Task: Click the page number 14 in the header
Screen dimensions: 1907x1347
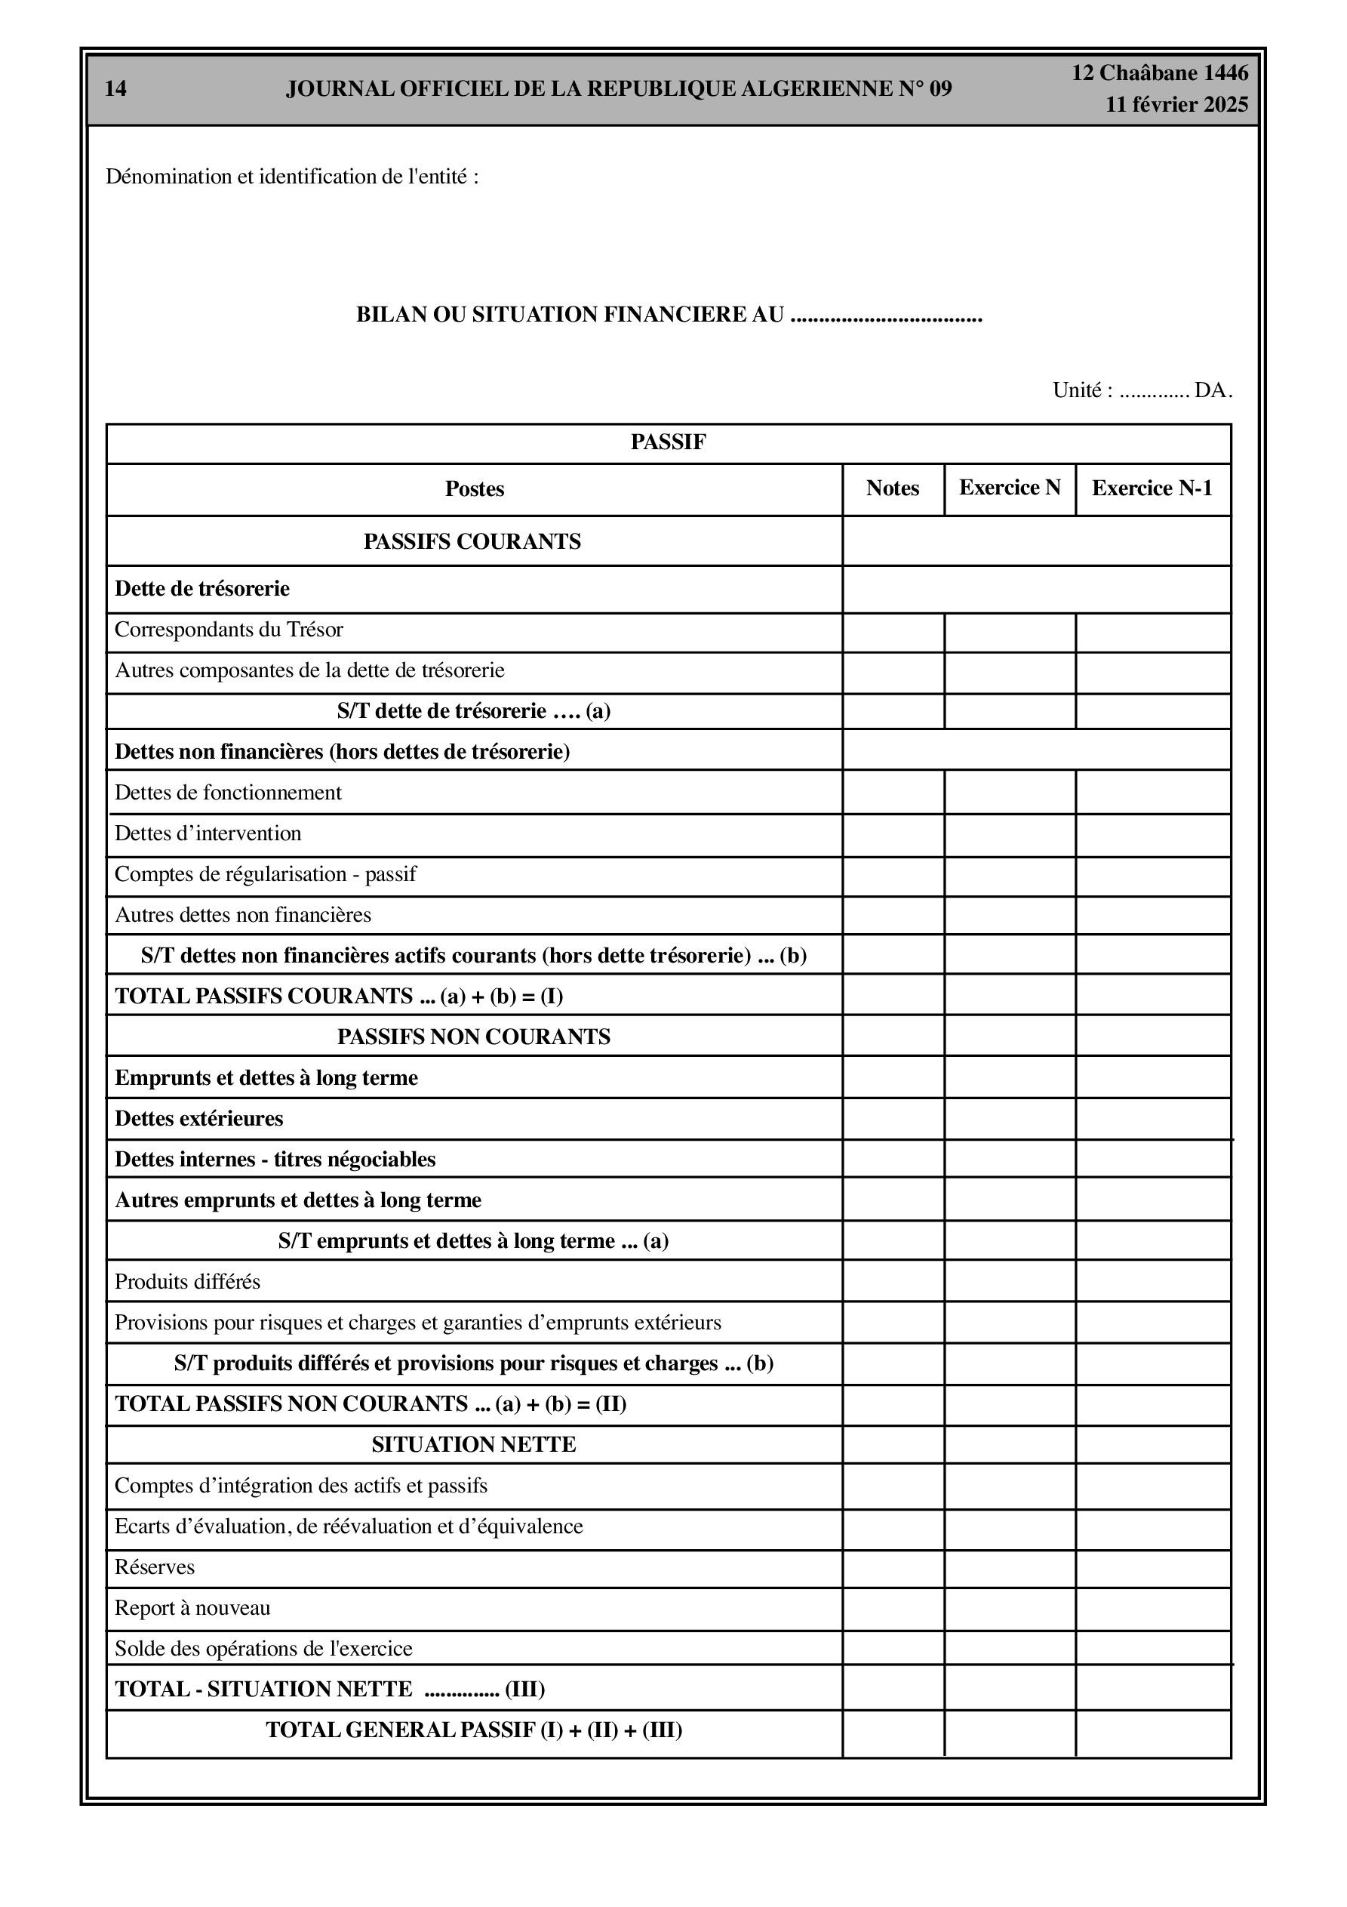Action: click(115, 89)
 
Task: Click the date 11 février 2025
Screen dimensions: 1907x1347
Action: click(1176, 105)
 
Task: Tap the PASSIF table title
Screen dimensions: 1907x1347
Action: click(668, 442)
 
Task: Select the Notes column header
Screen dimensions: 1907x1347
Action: click(892, 488)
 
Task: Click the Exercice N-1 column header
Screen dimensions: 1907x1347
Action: click(1151, 488)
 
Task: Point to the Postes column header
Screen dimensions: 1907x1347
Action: click(474, 489)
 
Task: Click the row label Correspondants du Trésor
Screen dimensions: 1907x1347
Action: click(229, 630)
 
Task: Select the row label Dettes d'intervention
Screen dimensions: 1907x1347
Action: click(208, 833)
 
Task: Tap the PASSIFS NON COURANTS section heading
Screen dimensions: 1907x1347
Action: click(473, 1037)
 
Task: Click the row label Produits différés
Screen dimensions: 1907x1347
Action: click(187, 1282)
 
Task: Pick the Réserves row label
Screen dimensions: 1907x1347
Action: click(155, 1567)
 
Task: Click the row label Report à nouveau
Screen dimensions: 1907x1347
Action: click(192, 1608)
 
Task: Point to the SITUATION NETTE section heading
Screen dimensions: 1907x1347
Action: click(473, 1444)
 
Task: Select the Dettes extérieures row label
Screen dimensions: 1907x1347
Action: click(198, 1119)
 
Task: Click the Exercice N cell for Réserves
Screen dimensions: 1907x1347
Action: click(1009, 1568)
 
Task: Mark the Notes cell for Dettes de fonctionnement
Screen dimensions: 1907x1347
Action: click(893, 793)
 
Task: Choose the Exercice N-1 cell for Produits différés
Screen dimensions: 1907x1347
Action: click(1152, 1282)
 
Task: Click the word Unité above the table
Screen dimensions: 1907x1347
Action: click(1077, 390)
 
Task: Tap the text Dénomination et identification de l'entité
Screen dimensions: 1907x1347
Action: click(291, 177)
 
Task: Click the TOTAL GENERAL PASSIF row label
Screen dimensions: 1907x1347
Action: click(473, 1730)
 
